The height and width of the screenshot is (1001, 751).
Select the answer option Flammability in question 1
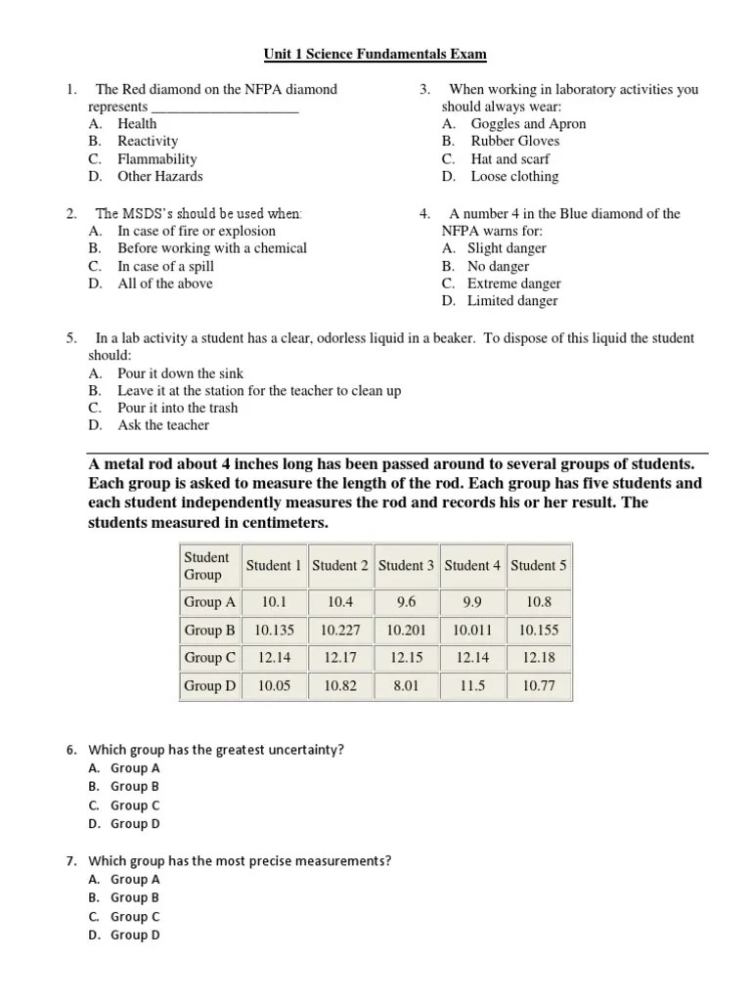[156, 158]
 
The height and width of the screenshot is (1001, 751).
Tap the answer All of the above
[164, 283]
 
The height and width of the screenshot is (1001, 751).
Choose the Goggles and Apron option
[528, 124]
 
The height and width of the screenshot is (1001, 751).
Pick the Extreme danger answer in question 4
[513, 283]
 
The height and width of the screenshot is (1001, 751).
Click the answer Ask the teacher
[162, 425]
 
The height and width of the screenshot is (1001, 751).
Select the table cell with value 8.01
[406, 686]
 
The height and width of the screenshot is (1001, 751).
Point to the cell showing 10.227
[340, 631]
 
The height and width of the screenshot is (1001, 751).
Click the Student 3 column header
[406, 565]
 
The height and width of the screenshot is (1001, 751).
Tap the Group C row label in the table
[210, 658]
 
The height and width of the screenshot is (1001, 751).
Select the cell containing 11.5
[472, 686]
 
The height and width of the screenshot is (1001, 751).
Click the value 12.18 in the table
[539, 658]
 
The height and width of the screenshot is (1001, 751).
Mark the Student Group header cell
[207, 565]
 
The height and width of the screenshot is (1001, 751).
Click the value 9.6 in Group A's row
[406, 602]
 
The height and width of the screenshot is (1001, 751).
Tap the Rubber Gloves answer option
[515, 141]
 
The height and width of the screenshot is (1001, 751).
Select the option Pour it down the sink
[180, 373]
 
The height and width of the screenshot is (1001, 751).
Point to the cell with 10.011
[472, 631]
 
